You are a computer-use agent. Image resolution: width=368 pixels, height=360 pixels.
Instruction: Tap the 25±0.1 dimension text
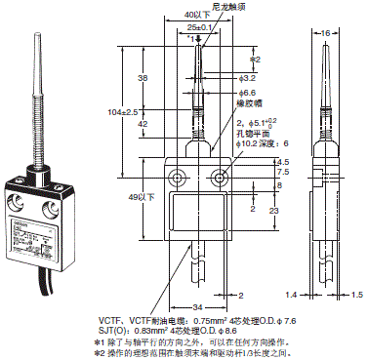(199, 29)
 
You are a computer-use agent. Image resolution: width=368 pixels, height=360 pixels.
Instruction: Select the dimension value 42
(143, 125)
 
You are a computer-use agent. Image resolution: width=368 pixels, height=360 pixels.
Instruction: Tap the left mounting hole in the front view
(178, 178)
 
